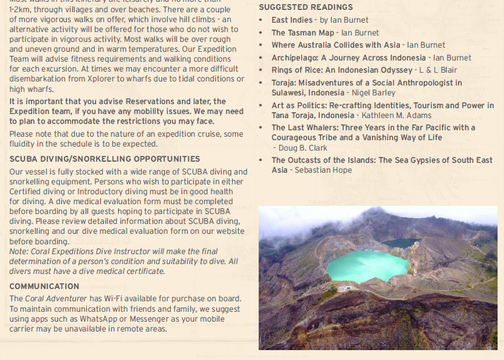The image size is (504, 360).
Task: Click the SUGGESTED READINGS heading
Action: click(x=305, y=7)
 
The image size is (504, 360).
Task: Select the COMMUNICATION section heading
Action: click(x=44, y=286)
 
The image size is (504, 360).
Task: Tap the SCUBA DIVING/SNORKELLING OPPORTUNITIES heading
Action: click(x=105, y=159)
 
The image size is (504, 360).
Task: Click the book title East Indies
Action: click(x=292, y=20)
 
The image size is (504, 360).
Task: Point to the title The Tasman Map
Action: click(x=303, y=33)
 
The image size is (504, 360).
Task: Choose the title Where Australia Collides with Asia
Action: click(x=336, y=45)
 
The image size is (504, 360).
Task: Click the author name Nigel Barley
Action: click(x=373, y=92)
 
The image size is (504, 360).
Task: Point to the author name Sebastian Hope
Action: click(x=323, y=170)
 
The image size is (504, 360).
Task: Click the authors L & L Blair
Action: click(x=438, y=70)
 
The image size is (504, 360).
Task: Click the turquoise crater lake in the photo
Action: click(x=366, y=266)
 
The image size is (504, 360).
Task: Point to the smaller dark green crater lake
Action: click(x=400, y=243)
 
